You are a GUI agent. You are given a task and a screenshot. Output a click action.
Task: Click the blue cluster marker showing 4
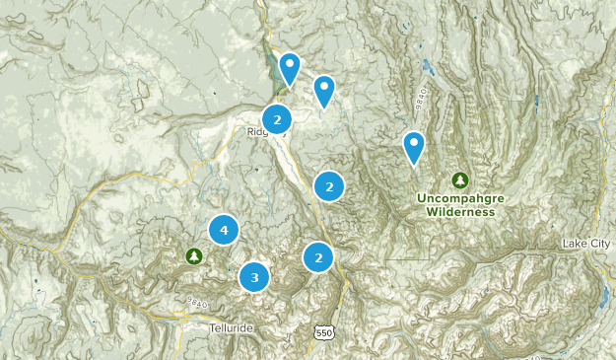pos(225,230)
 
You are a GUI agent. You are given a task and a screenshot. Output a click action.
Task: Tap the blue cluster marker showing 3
pos(254,277)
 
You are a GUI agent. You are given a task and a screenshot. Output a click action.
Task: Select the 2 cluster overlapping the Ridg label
pos(278,119)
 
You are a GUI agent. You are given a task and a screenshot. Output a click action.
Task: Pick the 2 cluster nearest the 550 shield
pos(318,257)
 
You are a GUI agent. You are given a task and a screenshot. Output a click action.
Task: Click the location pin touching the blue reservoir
pos(289,68)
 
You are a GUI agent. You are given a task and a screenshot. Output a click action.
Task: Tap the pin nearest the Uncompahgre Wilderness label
pos(415,148)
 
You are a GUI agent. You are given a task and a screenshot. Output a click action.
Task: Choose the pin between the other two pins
pos(324,92)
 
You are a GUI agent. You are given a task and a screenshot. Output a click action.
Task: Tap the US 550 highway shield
pos(324,333)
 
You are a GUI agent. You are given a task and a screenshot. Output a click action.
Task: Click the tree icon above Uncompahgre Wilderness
pos(459,180)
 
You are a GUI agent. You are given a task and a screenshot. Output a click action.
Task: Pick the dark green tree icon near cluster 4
pos(194,256)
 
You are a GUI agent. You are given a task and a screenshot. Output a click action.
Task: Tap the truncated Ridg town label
pos(255,131)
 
